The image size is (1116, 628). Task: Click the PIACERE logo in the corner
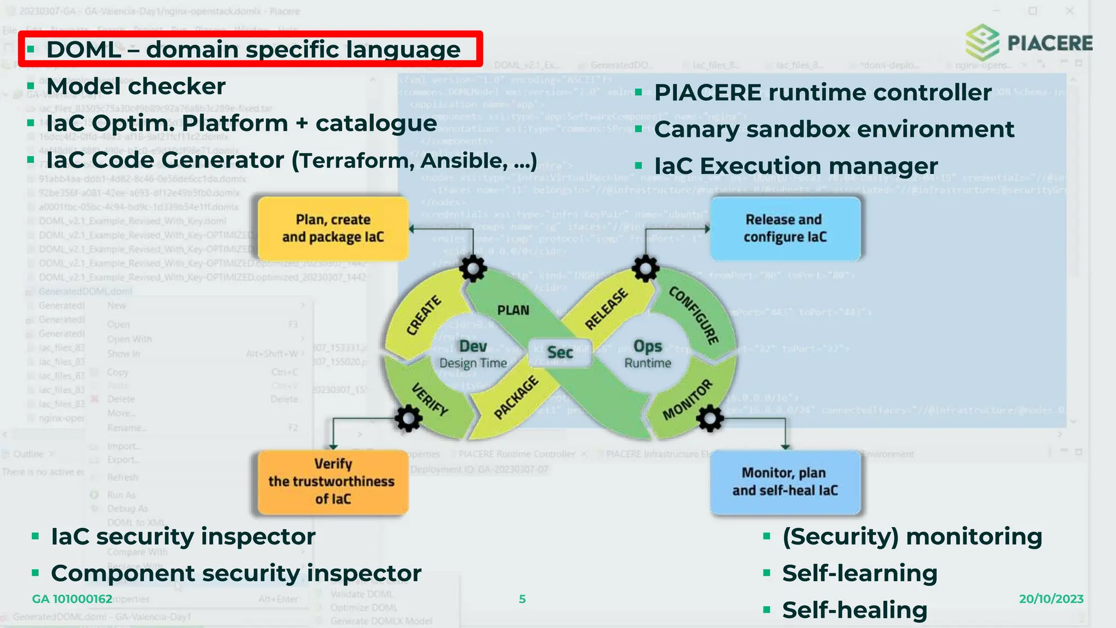pyautogui.click(x=1029, y=43)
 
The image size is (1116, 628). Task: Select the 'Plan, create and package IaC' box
pyautogui.click(x=333, y=228)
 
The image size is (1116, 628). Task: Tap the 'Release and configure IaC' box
pyautogui.click(x=785, y=228)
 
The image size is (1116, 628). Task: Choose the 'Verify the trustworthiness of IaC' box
pyautogui.click(x=332, y=481)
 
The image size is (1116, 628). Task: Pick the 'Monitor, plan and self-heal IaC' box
pyautogui.click(x=785, y=482)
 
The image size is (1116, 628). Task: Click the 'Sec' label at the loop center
pyautogui.click(x=560, y=353)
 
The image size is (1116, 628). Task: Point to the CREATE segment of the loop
pyautogui.click(x=423, y=315)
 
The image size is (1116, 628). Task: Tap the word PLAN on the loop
pyautogui.click(x=513, y=310)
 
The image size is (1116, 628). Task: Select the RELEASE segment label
pyautogui.click(x=606, y=310)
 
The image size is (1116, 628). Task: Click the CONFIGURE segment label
pyautogui.click(x=694, y=315)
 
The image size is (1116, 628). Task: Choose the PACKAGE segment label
pyautogui.click(x=515, y=397)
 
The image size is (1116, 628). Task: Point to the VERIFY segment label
pyautogui.click(x=429, y=400)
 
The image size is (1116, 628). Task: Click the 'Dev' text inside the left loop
pyautogui.click(x=473, y=346)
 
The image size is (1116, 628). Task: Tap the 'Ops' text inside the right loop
pyautogui.click(x=647, y=346)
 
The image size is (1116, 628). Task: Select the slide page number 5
pyautogui.click(x=522, y=599)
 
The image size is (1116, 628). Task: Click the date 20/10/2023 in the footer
pyautogui.click(x=1051, y=599)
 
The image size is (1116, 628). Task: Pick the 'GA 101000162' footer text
pyautogui.click(x=72, y=599)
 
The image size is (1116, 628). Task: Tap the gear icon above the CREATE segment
pyautogui.click(x=472, y=268)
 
